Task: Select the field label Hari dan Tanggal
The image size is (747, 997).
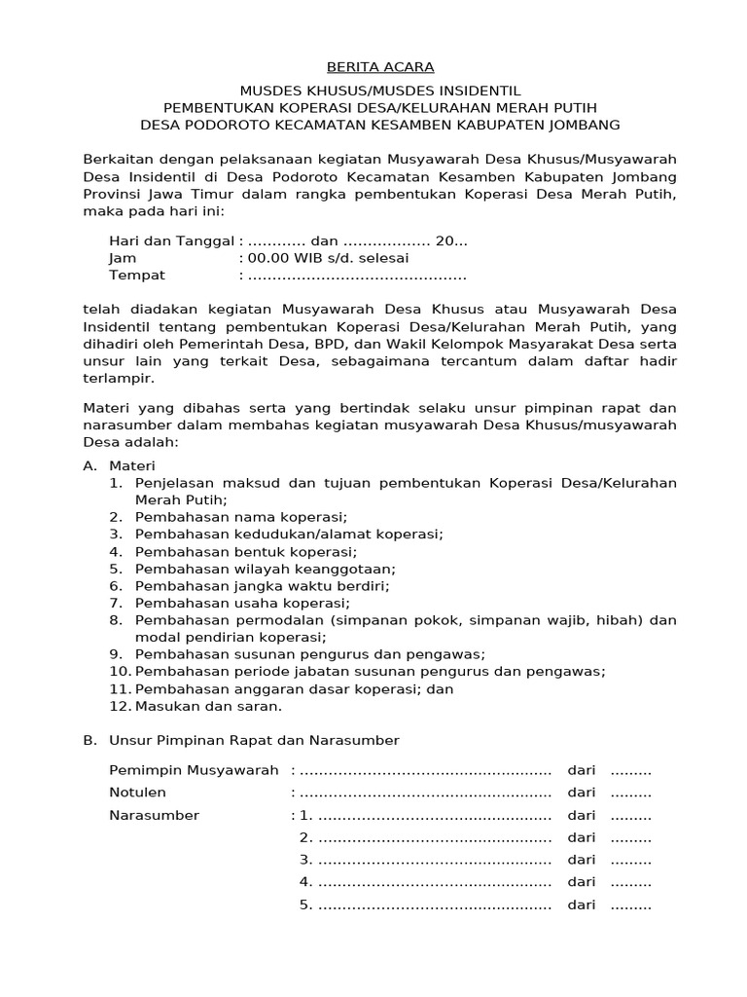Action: click(171, 240)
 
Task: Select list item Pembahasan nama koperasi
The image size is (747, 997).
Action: click(241, 516)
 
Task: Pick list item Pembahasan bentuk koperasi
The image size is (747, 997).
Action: click(246, 551)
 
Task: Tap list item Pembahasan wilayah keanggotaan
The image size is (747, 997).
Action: click(265, 569)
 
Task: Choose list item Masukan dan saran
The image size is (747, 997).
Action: click(208, 706)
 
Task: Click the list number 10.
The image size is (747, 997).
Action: click(119, 672)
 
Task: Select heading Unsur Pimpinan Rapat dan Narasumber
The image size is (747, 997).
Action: click(253, 741)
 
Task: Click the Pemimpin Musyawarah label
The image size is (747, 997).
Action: click(194, 770)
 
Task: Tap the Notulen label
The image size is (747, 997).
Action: click(138, 793)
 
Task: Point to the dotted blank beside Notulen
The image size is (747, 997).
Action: click(423, 793)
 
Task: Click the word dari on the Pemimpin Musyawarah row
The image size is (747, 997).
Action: click(582, 770)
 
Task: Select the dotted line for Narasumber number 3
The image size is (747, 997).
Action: click(434, 860)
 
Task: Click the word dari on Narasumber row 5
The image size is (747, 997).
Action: click(582, 905)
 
